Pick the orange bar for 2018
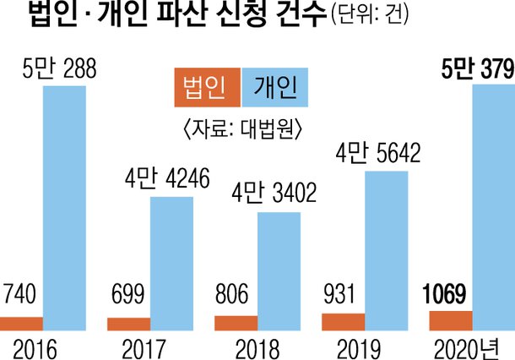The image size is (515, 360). (236, 322)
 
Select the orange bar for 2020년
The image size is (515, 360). (451, 319)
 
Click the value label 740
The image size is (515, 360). (18, 298)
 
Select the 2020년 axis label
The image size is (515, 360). (468, 344)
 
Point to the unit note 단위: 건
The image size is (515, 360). (369, 17)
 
